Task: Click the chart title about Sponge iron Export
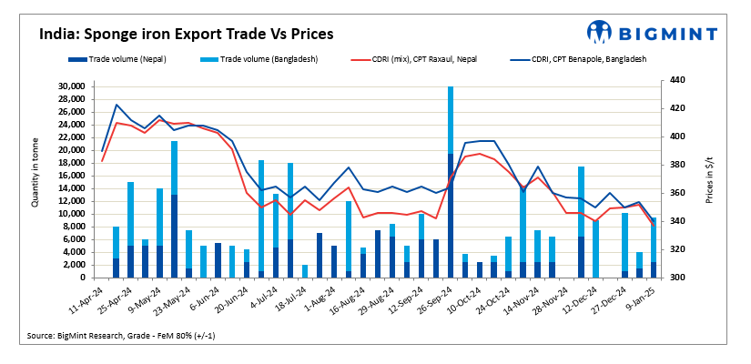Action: coord(187,35)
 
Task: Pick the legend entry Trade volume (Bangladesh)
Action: coord(254,59)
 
